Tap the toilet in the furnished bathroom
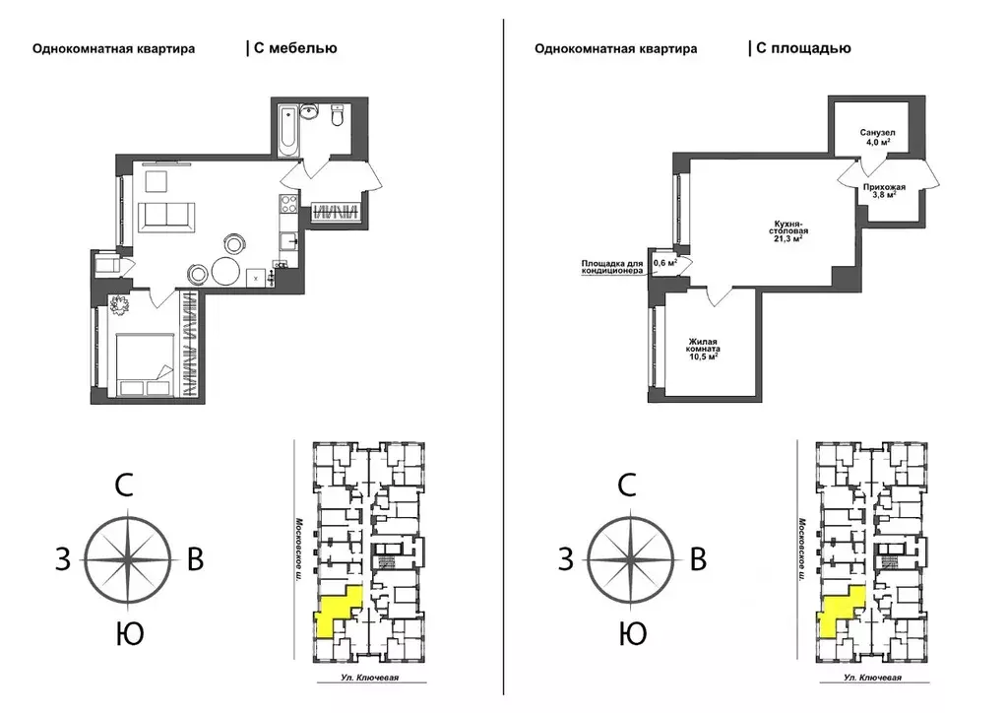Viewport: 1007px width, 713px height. point(339,115)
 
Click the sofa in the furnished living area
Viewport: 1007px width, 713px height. point(169,214)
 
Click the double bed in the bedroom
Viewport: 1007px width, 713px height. point(145,364)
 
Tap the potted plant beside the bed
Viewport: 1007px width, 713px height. point(120,305)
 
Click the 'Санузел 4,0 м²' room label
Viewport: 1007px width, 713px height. point(878,138)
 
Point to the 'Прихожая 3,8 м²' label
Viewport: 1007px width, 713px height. point(884,191)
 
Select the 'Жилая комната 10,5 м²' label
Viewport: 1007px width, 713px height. point(703,349)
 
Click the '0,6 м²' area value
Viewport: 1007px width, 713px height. point(664,263)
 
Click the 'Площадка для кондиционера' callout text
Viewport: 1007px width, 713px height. point(612,267)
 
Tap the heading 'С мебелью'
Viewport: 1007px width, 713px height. point(295,48)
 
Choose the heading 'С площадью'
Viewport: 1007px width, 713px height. point(803,48)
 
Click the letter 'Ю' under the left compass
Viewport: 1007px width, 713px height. point(130,634)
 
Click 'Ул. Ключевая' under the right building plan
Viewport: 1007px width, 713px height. point(873,678)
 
